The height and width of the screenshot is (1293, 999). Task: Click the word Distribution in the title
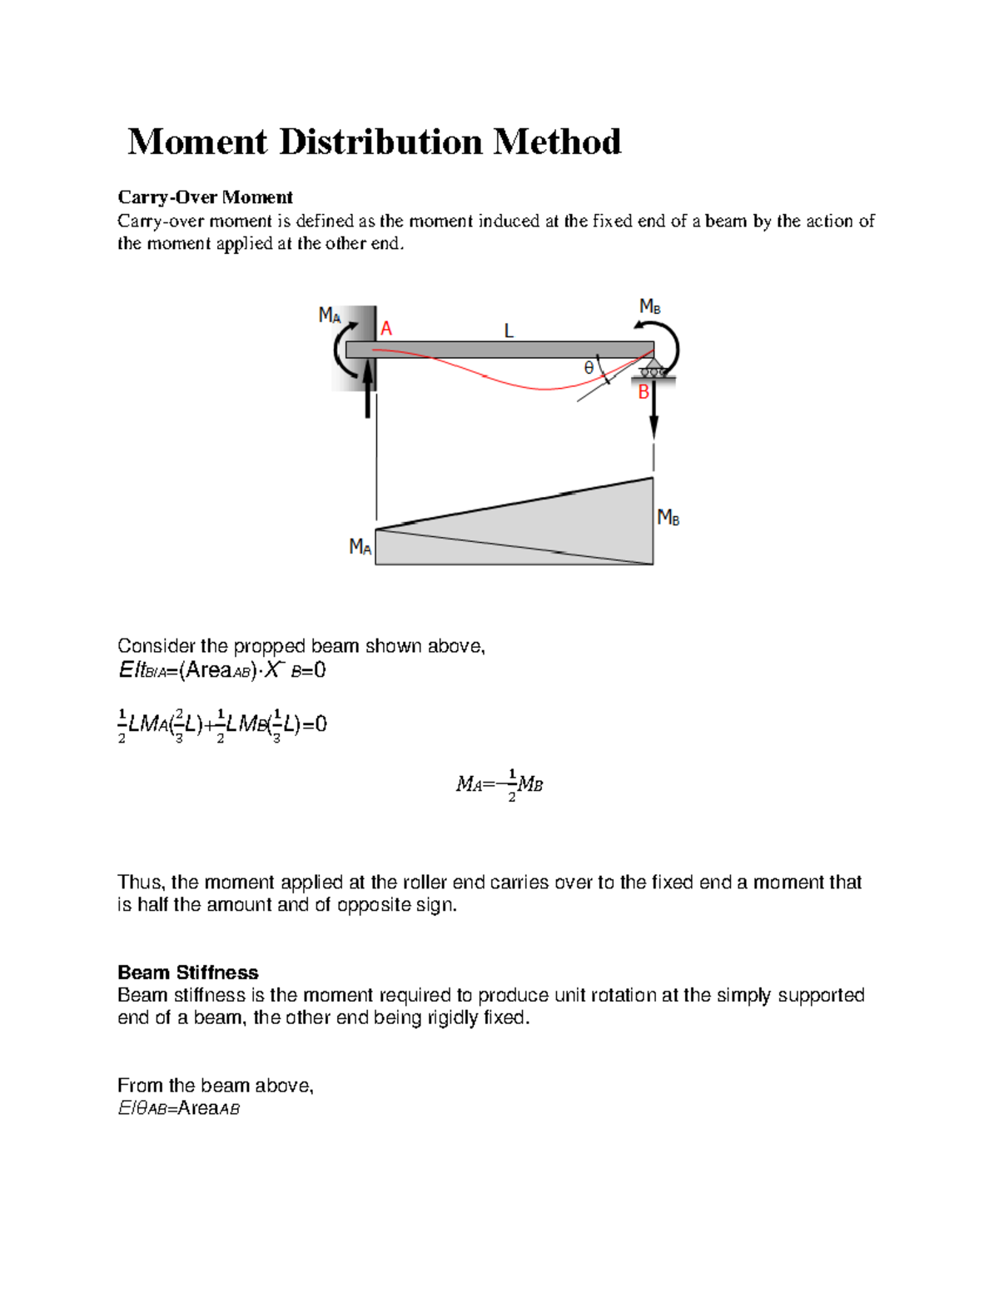pyautogui.click(x=380, y=142)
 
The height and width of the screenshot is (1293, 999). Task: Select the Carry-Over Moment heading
pyautogui.click(x=205, y=197)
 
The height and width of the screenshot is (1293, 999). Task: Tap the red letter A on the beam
pyautogui.click(x=386, y=329)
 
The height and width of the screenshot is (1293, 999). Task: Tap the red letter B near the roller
pyautogui.click(x=644, y=392)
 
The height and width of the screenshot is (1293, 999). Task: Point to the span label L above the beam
pyautogui.click(x=509, y=331)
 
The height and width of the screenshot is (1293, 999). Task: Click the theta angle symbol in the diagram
pyautogui.click(x=589, y=367)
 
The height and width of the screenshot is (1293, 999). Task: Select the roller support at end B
pyautogui.click(x=653, y=369)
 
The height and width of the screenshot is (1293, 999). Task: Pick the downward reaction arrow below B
pyautogui.click(x=654, y=412)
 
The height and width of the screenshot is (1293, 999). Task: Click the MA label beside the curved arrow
pyautogui.click(x=330, y=315)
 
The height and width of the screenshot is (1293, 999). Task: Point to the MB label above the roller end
pyautogui.click(x=649, y=306)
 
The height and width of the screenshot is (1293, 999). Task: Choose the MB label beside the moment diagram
pyautogui.click(x=668, y=518)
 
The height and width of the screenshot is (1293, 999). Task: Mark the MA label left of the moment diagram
pyautogui.click(x=360, y=546)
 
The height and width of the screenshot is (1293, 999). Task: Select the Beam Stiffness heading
pyautogui.click(x=187, y=972)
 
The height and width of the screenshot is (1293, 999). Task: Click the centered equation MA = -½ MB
pyautogui.click(x=499, y=784)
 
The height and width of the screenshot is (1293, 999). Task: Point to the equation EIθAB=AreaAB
pyautogui.click(x=179, y=1108)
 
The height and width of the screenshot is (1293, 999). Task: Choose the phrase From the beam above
pyautogui.click(x=215, y=1086)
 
